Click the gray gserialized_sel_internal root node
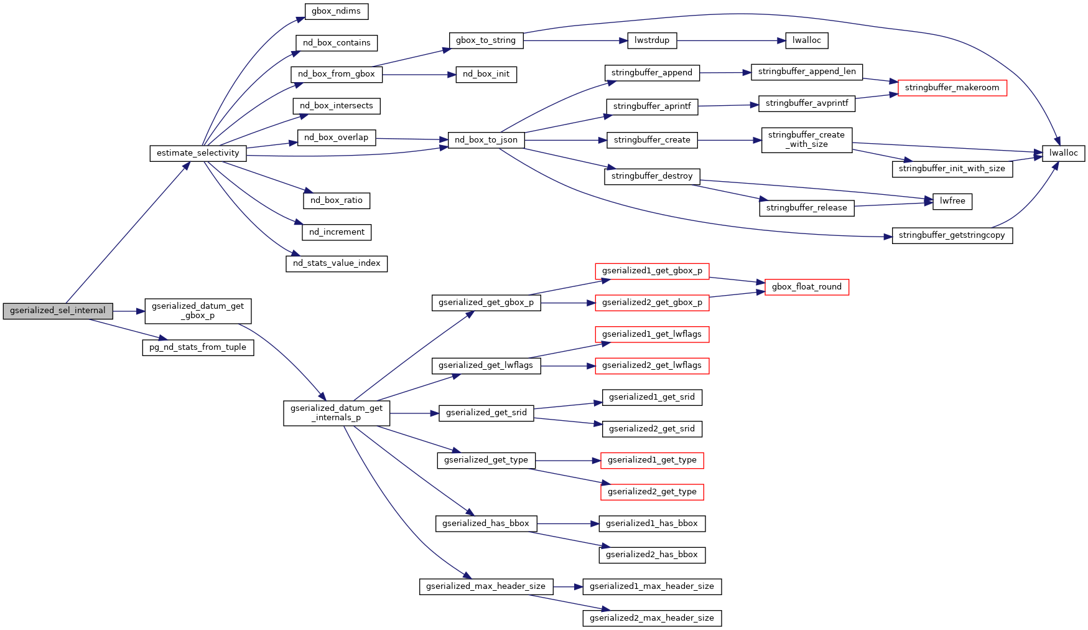58,311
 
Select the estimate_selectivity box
198,153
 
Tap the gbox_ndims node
336,11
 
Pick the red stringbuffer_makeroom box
952,88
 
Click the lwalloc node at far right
1063,153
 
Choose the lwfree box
952,201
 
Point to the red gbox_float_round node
806,287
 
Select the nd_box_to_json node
486,140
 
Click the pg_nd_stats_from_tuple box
198,347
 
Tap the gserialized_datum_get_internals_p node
337,413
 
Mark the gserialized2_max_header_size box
652,618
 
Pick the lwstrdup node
652,40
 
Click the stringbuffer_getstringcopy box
952,235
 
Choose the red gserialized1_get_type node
652,460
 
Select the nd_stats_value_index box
337,263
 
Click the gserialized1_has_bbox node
652,524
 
